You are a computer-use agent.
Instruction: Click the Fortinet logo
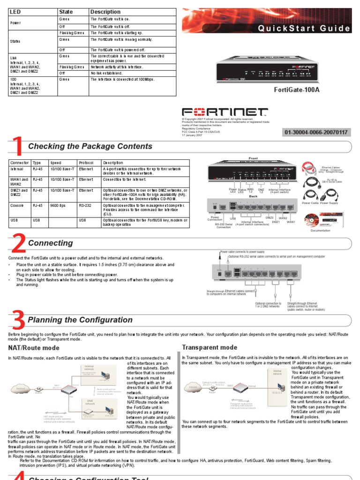point(225,113)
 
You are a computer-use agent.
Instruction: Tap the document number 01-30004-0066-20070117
point(316,133)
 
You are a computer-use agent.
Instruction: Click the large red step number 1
point(18,146)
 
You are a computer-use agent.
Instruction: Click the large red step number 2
point(18,244)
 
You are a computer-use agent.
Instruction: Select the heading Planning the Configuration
point(80,320)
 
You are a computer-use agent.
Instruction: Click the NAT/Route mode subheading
point(34,348)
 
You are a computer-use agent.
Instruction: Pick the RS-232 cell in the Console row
point(85,205)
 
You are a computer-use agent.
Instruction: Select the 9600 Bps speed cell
point(59,205)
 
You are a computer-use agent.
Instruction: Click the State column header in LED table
point(66,11)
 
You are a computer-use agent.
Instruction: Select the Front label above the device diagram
point(253,158)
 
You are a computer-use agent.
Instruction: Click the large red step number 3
point(18,321)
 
